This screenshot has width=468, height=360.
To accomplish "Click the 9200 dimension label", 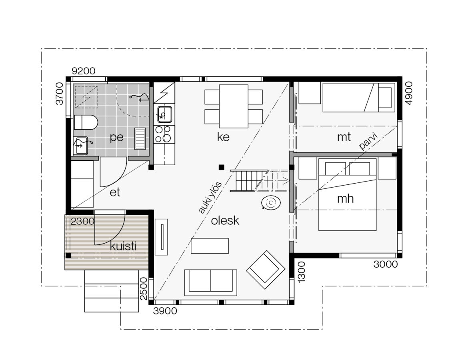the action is tap(84, 71).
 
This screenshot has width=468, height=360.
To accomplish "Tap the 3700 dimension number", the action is tap(60, 94).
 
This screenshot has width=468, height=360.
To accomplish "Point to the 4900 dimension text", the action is tap(409, 93).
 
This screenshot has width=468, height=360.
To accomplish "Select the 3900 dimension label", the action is tap(165, 311).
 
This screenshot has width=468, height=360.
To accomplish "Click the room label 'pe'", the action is tap(116, 138).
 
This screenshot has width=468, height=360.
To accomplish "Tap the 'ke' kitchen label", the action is tap(223, 137).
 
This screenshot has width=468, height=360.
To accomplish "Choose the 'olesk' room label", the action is tap(225, 220).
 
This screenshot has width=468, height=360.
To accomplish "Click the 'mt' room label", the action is tap(344, 137).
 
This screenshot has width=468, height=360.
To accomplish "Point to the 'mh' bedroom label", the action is tap(345, 198).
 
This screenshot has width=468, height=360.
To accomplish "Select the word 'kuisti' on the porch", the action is tap(123, 246).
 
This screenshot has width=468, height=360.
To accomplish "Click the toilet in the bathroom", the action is tap(86, 122).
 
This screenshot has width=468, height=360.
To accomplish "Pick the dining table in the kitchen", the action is tap(234, 106).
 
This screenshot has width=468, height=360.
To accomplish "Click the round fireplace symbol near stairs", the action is tap(271, 203).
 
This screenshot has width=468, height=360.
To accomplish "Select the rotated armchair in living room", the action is tap(266, 270).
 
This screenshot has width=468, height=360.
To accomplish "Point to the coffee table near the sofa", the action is tap(210, 246).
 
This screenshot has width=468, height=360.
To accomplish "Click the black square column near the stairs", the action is tap(221, 167).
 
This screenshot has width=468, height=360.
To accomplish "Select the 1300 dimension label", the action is tap(302, 272).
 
